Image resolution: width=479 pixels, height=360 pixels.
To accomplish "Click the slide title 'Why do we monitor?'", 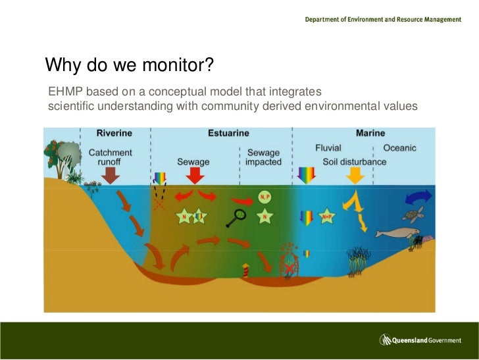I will [x=130, y=65].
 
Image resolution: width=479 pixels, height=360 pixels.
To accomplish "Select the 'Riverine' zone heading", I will [x=114, y=133].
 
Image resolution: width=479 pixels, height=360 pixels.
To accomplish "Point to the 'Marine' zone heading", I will [x=370, y=133].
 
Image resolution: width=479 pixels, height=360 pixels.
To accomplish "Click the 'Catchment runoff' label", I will [x=110, y=157].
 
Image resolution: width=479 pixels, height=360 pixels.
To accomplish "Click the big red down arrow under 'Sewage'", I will [x=193, y=176].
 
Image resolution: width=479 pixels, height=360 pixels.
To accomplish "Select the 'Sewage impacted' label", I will [x=263, y=157].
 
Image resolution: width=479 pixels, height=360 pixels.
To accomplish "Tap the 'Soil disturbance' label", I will [x=355, y=162].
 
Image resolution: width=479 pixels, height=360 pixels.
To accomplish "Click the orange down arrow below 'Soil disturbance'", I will [x=355, y=175].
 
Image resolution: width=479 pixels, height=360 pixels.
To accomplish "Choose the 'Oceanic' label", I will [x=399, y=148].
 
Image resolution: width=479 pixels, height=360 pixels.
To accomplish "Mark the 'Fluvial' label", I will [x=328, y=148].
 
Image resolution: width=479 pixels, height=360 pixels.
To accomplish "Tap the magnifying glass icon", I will [x=238, y=217].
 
